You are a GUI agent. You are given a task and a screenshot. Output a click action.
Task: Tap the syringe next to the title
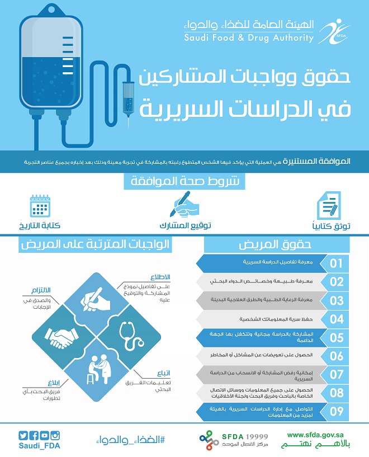pyautogui.click(x=128, y=95)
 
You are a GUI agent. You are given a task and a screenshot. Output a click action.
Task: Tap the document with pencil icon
pyautogui.click(x=329, y=206)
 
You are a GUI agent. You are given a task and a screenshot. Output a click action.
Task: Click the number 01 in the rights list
pyautogui.click(x=337, y=263)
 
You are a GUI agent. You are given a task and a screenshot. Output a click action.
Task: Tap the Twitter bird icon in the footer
pyautogui.click(x=22, y=436)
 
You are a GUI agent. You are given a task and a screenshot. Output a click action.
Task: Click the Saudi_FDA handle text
pyautogui.click(x=40, y=446)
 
